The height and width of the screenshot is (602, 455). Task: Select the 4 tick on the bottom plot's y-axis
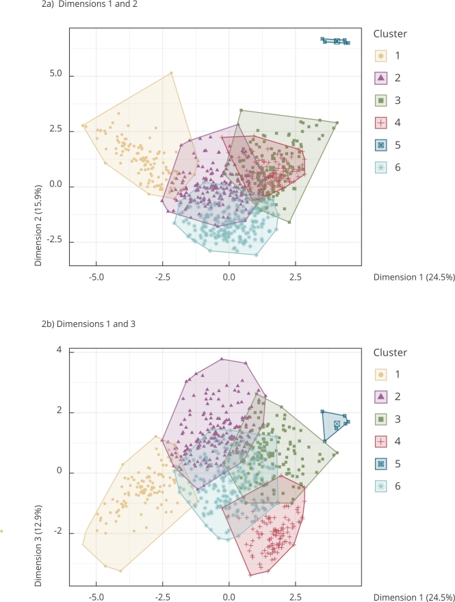[x=59, y=351]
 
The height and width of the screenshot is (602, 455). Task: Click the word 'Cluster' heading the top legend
[x=390, y=34]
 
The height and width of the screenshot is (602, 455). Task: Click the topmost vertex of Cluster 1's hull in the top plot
[x=171, y=73]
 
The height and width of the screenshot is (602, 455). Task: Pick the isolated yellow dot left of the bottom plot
[x=2, y=530]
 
